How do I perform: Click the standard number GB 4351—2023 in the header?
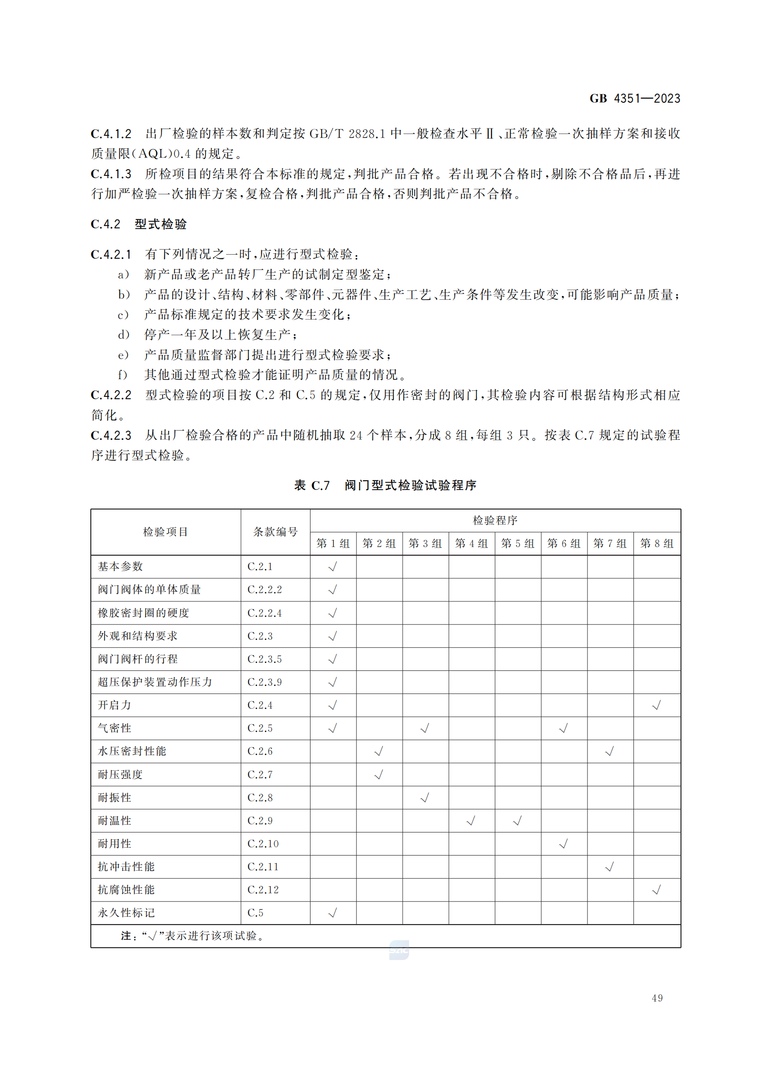[x=634, y=99]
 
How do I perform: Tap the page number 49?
[x=657, y=999]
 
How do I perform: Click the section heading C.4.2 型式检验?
[x=139, y=224]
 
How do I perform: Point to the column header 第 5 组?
[x=517, y=543]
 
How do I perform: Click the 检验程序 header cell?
[x=495, y=520]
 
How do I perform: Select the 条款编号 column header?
[x=275, y=531]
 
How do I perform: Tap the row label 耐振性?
[x=115, y=798]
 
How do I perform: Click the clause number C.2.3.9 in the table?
[x=264, y=682]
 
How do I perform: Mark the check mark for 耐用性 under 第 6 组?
[x=563, y=844]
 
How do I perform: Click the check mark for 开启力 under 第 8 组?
[x=656, y=705]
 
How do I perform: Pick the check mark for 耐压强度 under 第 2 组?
[x=379, y=774]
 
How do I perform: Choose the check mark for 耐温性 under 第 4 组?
[x=471, y=821]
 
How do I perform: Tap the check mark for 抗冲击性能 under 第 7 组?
[x=610, y=867]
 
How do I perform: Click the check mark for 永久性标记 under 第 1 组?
[x=333, y=913]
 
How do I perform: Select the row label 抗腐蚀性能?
[x=126, y=890]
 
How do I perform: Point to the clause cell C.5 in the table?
[x=256, y=913]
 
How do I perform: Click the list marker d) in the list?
[x=123, y=335]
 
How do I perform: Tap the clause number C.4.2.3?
[x=111, y=435]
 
